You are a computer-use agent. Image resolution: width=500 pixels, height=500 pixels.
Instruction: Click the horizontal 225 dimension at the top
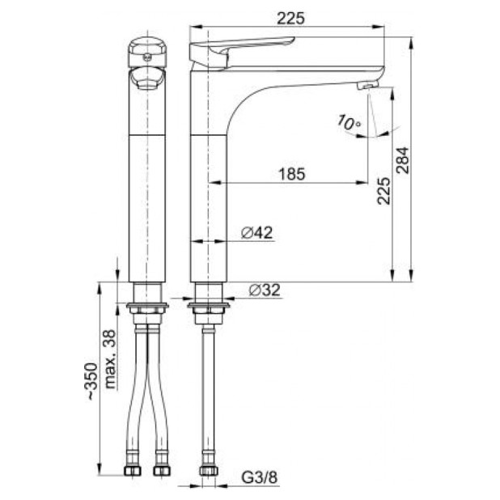tap(290, 19)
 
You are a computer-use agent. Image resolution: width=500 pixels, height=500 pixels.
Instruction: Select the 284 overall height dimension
tap(403, 160)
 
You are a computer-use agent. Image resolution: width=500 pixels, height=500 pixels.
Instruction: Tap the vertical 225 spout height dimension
tap(383, 191)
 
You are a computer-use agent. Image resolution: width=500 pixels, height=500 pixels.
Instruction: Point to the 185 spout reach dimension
tap(292, 174)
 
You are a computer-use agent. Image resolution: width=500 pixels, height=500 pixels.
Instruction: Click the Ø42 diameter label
tap(257, 233)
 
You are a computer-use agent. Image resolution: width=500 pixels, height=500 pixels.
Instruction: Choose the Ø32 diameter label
tap(265, 290)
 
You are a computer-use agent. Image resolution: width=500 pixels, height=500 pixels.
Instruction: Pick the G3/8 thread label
tap(260, 477)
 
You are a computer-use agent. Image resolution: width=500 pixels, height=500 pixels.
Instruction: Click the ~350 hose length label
tap(92, 381)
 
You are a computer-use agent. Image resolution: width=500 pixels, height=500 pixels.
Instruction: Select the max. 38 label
tap(110, 358)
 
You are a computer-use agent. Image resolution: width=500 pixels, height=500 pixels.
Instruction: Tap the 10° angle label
tap(349, 122)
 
